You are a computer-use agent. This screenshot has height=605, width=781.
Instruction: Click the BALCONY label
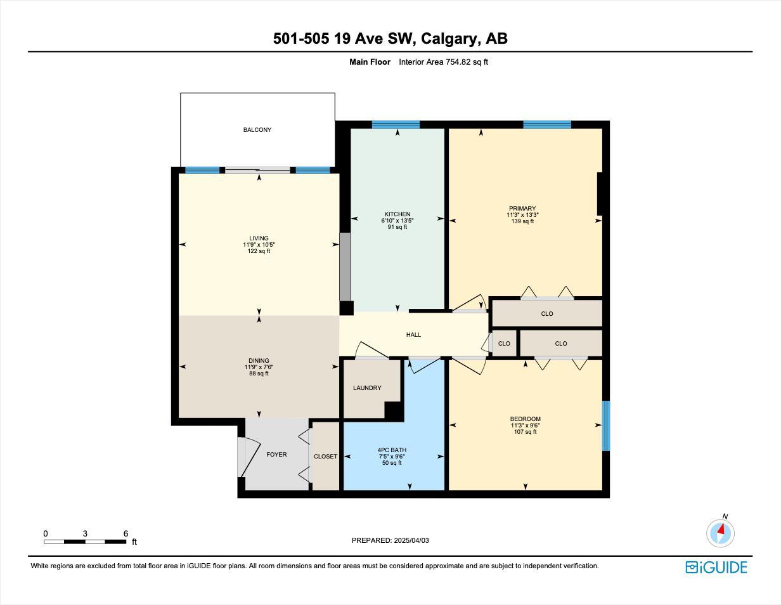point(257,130)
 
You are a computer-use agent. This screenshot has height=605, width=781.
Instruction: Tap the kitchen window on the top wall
point(396,124)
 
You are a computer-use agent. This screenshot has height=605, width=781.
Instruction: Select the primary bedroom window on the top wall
point(547,124)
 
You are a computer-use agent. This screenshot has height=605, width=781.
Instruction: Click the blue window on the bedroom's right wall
point(606,426)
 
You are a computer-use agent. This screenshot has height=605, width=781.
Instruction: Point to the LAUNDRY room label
point(367,388)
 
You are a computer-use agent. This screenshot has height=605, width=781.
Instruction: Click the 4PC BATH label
point(392,450)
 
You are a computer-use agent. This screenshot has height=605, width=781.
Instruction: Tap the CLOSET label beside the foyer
point(325,457)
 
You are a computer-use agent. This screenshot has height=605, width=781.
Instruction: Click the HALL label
point(413,335)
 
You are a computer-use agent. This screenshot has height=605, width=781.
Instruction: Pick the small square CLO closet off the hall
point(504,344)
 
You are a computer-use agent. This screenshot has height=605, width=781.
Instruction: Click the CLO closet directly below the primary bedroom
point(547,314)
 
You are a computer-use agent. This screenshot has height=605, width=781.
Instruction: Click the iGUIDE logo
point(716,567)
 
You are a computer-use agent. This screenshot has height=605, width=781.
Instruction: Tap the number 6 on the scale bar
point(126,534)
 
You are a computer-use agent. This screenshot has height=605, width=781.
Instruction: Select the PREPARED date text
point(390,540)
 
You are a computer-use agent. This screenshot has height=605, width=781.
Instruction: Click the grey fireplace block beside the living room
point(345,266)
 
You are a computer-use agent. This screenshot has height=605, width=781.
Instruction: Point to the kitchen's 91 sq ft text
point(397,227)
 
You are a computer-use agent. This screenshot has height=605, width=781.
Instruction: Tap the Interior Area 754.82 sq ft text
point(443,62)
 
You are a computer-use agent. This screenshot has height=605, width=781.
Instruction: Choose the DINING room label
point(259,361)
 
